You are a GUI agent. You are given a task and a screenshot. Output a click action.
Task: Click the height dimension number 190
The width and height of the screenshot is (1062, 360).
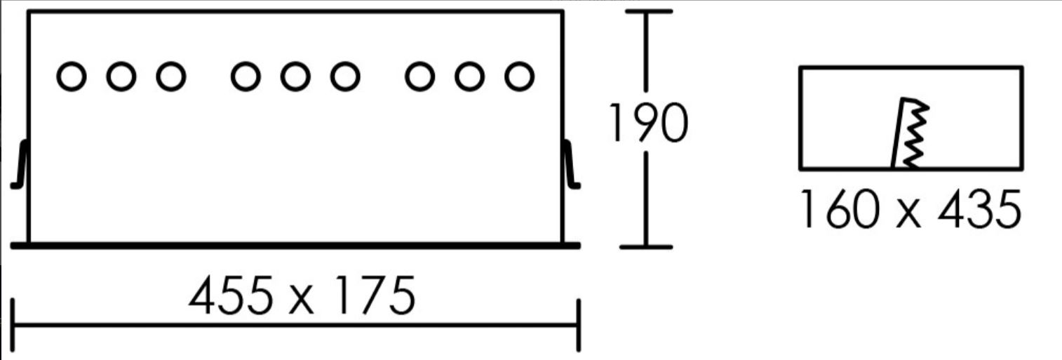[x=647, y=123]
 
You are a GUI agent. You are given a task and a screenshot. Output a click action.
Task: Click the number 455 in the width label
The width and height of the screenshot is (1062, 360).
[x=231, y=295]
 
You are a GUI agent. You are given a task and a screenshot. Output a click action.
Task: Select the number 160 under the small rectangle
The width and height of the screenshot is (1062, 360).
[x=839, y=209]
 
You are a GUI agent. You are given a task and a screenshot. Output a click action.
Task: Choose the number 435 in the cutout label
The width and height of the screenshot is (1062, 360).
[x=979, y=209]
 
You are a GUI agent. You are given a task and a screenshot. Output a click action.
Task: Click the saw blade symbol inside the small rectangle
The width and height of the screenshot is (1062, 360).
[x=910, y=133]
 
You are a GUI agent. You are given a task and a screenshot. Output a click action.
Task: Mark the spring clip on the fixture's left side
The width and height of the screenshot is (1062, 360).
[x=20, y=164]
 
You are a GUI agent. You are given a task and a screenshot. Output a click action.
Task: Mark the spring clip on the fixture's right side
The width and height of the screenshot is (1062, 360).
[x=571, y=164]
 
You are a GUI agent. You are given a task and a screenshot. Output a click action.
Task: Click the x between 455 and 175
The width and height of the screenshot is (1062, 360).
[x=302, y=302]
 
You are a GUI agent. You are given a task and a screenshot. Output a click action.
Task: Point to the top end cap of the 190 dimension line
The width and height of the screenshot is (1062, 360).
[x=649, y=11]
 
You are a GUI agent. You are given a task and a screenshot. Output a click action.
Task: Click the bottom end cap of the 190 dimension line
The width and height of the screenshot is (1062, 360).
[x=646, y=246]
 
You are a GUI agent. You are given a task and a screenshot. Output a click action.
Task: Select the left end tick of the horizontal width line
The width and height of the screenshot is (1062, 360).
[x=13, y=326]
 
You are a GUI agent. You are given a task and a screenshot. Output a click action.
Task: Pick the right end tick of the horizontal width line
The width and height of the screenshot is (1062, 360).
[x=579, y=326]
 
